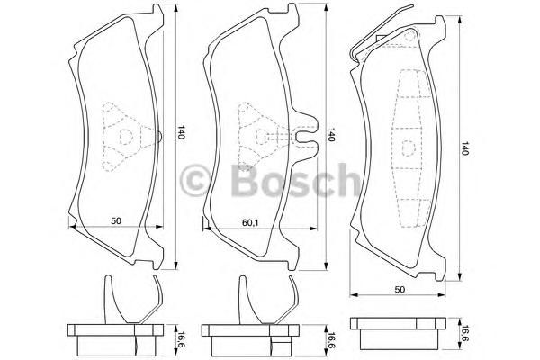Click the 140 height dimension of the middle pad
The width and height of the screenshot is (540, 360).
(330, 135)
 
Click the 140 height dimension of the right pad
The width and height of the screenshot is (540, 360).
(465, 148)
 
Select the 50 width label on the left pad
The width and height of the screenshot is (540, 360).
(116, 220)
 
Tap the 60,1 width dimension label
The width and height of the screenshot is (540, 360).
(250, 222)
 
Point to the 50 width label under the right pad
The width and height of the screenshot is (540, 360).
(400, 290)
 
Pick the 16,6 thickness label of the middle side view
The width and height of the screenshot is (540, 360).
(330, 339)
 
